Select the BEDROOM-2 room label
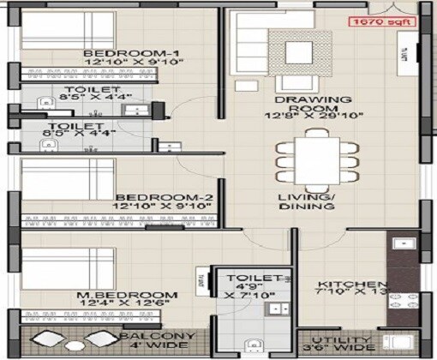point(165,195)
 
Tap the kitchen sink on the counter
point(400,245)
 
